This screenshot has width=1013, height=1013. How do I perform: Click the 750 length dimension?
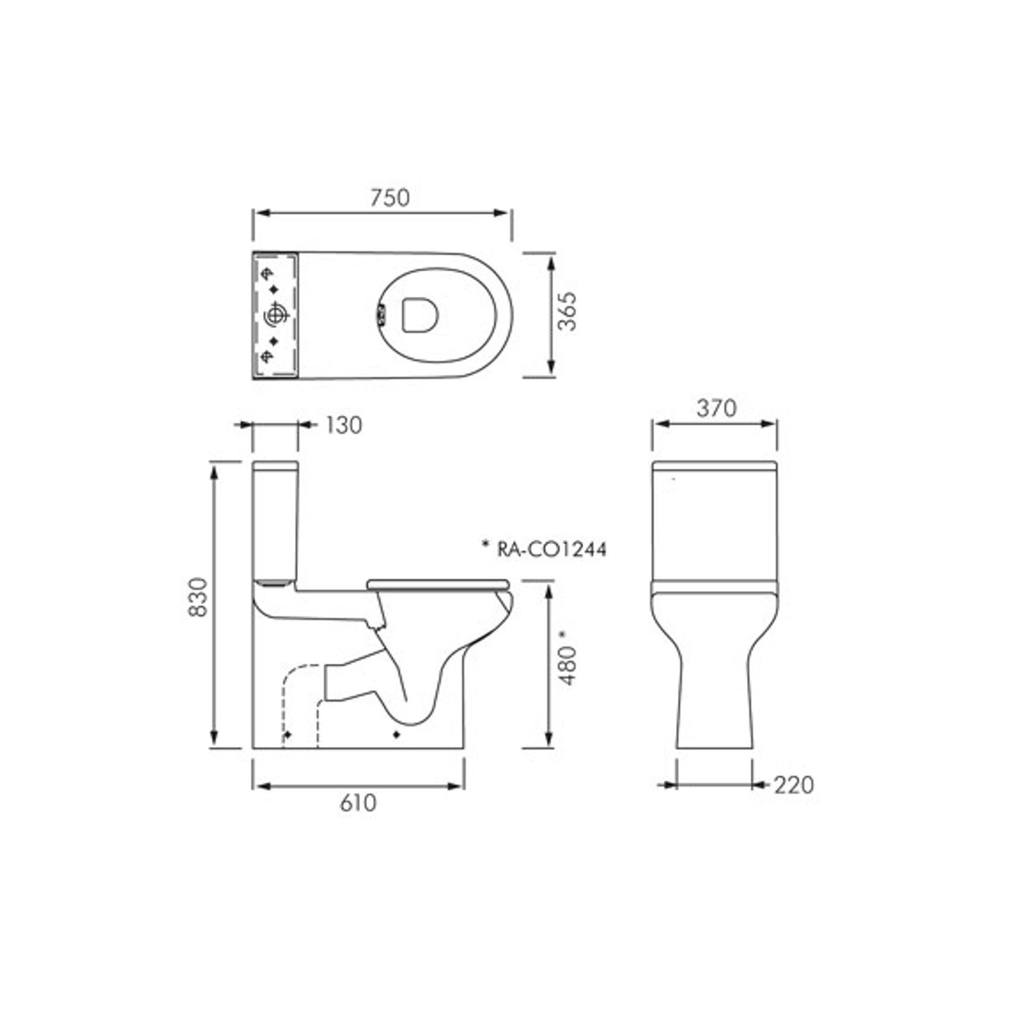(389, 198)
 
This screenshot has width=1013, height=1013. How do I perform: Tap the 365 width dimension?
(567, 312)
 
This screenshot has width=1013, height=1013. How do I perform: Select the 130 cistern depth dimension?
(343, 425)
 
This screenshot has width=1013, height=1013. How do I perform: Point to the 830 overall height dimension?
(198, 598)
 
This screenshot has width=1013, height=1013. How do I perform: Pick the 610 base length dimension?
(358, 803)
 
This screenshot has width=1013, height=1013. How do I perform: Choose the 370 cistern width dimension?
(716, 409)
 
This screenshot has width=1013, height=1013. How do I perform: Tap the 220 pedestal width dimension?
(794, 785)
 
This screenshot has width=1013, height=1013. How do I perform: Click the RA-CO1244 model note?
(544, 549)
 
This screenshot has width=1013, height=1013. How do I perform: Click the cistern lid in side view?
(275, 466)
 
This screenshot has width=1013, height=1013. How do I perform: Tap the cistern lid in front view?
(714, 466)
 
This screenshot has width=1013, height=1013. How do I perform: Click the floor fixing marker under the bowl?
(396, 735)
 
